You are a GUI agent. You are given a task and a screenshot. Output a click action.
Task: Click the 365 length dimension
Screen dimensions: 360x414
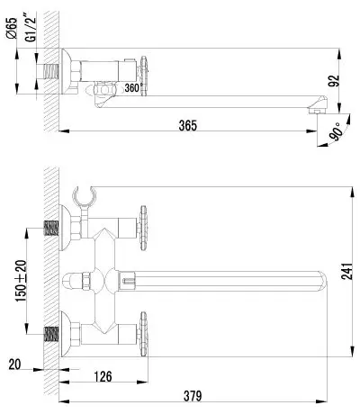pyautogui.click(x=188, y=125)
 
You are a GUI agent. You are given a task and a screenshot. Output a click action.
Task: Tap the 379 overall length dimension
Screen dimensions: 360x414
pyautogui.click(x=193, y=396)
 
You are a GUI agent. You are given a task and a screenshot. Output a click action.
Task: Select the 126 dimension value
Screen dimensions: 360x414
pyautogui.click(x=103, y=376)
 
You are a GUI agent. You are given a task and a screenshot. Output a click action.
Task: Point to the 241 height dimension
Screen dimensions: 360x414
pyautogui.click(x=346, y=271)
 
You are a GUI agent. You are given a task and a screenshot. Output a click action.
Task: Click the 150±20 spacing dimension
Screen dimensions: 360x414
pyautogui.click(x=22, y=281)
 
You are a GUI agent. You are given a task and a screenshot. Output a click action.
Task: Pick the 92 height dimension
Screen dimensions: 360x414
pyautogui.click(x=333, y=80)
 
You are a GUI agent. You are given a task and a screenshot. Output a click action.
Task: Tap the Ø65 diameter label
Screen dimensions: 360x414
pyautogui.click(x=12, y=28)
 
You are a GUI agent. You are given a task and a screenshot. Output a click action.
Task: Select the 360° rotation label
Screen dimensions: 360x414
pyautogui.click(x=132, y=88)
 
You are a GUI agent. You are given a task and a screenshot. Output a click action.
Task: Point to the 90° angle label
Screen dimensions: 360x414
pyautogui.click(x=336, y=131)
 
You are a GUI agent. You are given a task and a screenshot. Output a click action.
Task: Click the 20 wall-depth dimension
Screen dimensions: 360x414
pyautogui.click(x=14, y=364)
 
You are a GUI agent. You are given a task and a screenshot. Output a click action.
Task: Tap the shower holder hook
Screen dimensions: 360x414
pyautogui.click(x=84, y=196)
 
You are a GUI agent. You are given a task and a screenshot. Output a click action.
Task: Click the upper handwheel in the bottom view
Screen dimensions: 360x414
pyautogui.click(x=144, y=228)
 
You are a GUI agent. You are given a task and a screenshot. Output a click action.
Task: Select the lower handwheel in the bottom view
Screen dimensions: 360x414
pyautogui.click(x=144, y=334)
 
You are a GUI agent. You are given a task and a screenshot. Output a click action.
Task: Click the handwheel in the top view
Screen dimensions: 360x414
pyautogui.click(x=144, y=76)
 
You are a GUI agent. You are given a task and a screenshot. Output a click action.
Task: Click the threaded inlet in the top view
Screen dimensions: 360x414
pyautogui.click(x=51, y=72)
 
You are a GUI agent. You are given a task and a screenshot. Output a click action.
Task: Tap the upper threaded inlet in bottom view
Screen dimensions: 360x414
pyautogui.click(x=51, y=229)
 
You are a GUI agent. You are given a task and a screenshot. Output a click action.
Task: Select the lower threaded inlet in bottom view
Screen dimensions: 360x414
pyautogui.click(x=51, y=334)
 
